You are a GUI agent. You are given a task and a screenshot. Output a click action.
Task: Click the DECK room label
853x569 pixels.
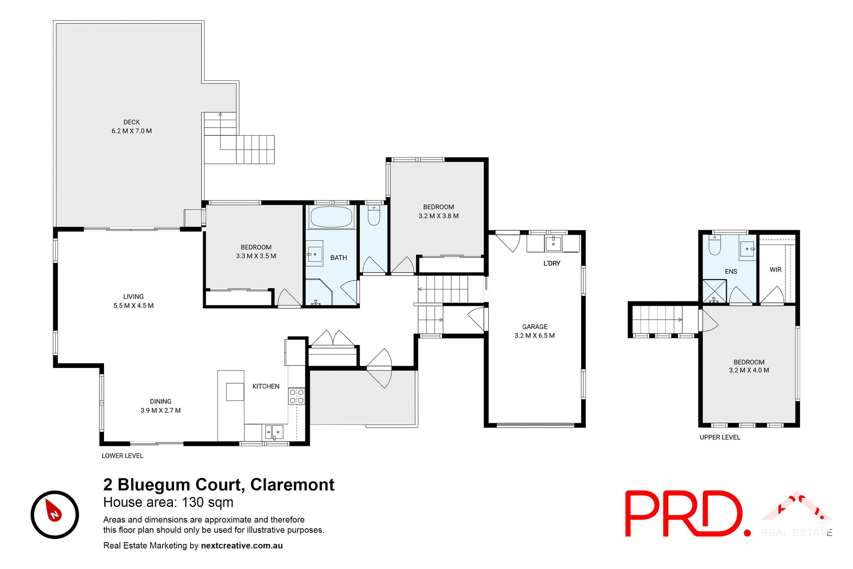[132, 122]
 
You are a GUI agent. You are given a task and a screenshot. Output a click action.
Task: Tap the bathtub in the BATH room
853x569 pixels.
[331, 217]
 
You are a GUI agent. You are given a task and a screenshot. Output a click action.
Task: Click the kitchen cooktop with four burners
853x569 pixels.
[296, 396]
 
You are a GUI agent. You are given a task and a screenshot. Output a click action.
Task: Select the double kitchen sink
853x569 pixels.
[274, 432]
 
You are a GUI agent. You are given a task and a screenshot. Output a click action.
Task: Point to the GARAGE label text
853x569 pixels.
[534, 327]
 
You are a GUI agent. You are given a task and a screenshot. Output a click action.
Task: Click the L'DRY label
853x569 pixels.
[552, 264]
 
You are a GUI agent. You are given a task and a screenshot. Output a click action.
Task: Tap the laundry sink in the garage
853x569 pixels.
[553, 244]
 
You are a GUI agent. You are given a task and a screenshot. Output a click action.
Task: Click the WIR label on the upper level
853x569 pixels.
[775, 270]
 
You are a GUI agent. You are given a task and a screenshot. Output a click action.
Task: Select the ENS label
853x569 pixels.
[731, 272]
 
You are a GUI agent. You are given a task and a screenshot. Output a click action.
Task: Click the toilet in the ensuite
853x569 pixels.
[714, 246]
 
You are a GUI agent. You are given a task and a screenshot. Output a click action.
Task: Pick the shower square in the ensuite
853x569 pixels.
[714, 291]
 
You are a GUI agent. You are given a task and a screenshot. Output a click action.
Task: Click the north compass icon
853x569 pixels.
[55, 514]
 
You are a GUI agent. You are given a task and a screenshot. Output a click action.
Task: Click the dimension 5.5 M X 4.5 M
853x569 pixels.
[133, 306]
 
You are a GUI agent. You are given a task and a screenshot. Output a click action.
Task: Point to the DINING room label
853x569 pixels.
[160, 401]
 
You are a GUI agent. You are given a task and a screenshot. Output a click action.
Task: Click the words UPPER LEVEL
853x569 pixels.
[720, 437]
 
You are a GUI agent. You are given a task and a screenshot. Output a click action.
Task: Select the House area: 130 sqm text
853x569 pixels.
[168, 502]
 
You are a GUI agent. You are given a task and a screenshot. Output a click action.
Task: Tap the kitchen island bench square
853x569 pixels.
[235, 392]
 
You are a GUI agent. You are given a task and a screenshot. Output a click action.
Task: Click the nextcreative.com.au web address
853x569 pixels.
[242, 545]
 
